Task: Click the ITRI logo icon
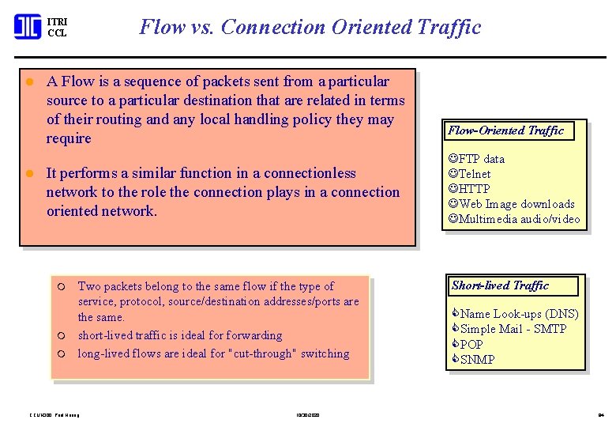point(28,27)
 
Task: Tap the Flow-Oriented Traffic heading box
point(506,130)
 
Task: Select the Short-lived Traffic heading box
point(501,285)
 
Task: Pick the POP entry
point(471,345)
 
